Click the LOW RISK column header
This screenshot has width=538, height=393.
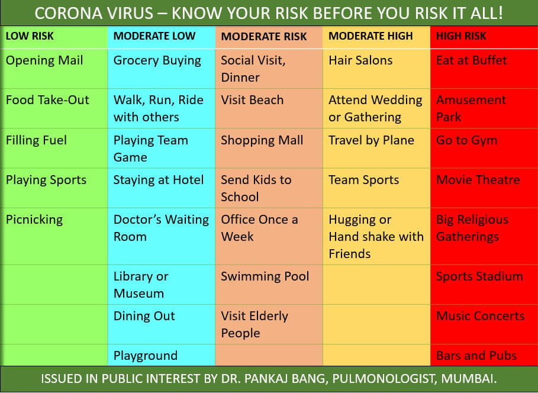point(30,36)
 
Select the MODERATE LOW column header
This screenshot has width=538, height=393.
point(154,36)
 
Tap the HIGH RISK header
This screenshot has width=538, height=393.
point(461,36)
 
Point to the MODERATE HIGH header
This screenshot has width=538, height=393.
point(371,36)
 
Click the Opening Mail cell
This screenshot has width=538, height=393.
point(44,61)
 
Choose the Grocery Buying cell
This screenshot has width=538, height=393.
point(157,61)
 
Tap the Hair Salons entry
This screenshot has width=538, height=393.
point(360,60)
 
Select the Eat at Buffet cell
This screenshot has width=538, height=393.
point(471,60)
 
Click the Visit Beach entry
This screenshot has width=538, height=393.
point(252,100)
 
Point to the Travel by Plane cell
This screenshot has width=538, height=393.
point(371,140)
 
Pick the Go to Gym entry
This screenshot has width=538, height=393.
point(466,140)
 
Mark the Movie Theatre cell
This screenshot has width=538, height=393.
point(478,180)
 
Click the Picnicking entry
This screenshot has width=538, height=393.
point(34,220)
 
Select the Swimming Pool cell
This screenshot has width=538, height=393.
point(265,276)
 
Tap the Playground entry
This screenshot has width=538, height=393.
point(146,356)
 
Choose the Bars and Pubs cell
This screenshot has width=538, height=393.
point(476,356)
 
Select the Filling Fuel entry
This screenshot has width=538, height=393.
point(36,140)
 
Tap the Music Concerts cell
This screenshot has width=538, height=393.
point(480,316)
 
